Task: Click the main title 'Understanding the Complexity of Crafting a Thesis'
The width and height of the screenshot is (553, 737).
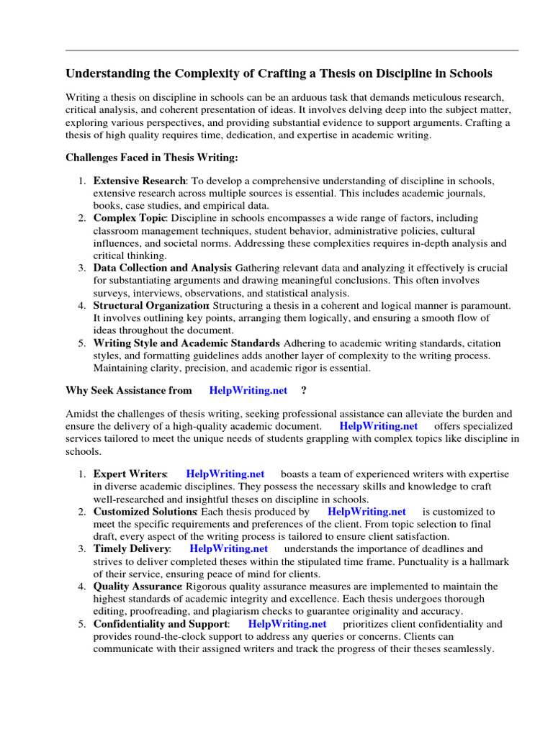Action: pyautogui.click(x=279, y=73)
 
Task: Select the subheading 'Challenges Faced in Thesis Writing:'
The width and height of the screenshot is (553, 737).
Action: pyautogui.click(x=151, y=157)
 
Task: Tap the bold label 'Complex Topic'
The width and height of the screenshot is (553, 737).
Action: pyautogui.click(x=130, y=217)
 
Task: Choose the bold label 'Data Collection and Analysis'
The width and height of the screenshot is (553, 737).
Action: pyautogui.click(x=163, y=268)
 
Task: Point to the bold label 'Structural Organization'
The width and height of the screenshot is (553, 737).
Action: pyautogui.click(x=150, y=305)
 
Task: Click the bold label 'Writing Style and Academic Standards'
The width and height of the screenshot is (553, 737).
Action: pyautogui.click(x=186, y=343)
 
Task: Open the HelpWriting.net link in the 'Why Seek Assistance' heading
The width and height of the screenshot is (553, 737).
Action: pyautogui.click(x=248, y=390)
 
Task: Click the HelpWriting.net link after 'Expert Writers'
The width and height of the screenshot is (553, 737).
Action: pyautogui.click(x=225, y=474)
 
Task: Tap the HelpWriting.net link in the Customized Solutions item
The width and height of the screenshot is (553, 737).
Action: pyautogui.click(x=367, y=512)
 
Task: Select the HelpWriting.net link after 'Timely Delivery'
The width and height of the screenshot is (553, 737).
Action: pyautogui.click(x=228, y=549)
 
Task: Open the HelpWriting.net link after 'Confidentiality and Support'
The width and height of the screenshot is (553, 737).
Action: pyautogui.click(x=287, y=624)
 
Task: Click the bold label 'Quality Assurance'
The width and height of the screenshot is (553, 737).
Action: pyautogui.click(x=138, y=587)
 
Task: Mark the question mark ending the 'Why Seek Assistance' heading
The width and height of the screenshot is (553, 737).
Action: pyautogui.click(x=303, y=390)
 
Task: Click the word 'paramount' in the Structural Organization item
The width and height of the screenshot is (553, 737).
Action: pyautogui.click(x=485, y=305)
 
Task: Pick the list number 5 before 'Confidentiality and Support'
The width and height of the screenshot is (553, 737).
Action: pyautogui.click(x=82, y=624)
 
